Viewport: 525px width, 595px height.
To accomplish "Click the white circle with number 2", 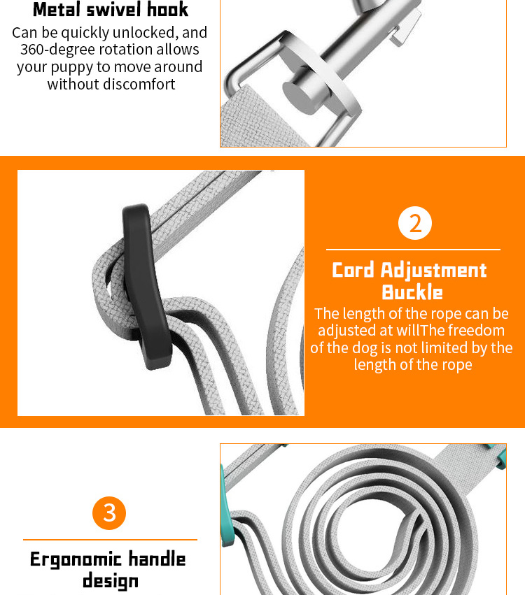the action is (x=415, y=223).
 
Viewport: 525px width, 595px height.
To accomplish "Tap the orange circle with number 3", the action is (x=109, y=513).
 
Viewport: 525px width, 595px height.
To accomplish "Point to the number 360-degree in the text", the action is (x=57, y=50).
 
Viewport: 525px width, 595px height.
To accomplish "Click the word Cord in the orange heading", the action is (x=353, y=270).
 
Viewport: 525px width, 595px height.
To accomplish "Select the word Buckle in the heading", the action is (x=412, y=292).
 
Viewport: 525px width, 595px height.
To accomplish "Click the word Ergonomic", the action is (x=76, y=560).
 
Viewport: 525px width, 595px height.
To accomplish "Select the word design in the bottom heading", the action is (x=111, y=581).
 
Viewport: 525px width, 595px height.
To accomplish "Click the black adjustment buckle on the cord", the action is (x=146, y=287).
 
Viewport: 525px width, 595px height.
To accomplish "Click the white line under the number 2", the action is (x=413, y=250).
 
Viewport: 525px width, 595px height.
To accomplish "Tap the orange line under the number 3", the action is (x=110, y=539).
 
